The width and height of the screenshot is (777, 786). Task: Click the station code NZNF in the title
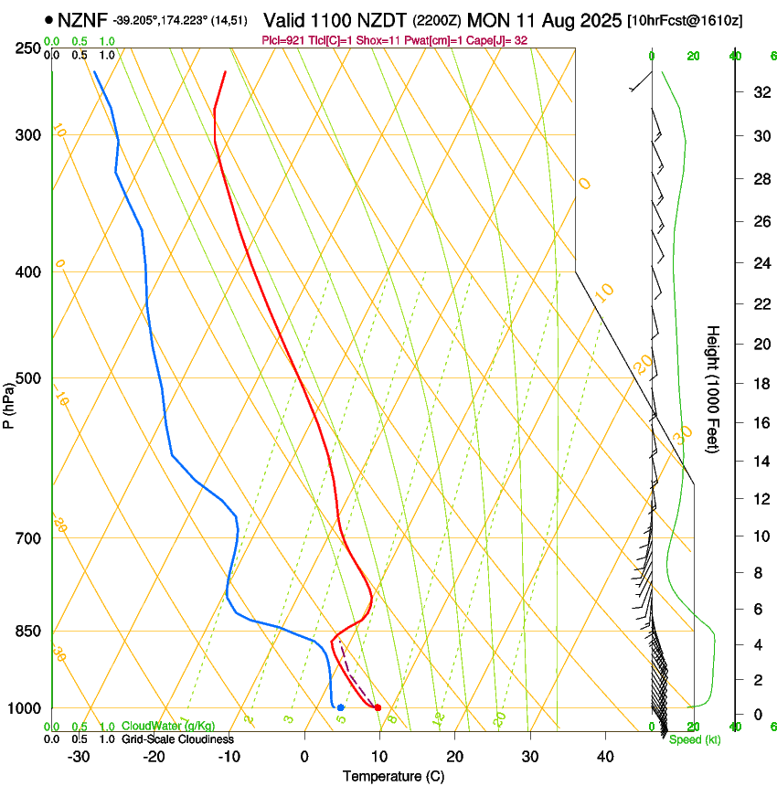click(x=82, y=20)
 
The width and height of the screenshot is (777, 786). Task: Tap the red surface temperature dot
click(x=378, y=707)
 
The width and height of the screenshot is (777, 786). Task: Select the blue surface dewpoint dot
click(x=340, y=707)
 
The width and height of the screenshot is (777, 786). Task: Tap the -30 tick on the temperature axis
click(x=79, y=756)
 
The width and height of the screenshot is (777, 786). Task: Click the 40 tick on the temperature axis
click(x=604, y=756)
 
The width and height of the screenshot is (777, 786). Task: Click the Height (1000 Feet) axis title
click(x=713, y=388)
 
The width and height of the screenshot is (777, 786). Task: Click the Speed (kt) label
click(x=695, y=739)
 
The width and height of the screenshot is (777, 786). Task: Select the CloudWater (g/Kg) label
click(x=168, y=727)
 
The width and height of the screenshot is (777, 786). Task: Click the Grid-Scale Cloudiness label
click(x=177, y=739)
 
